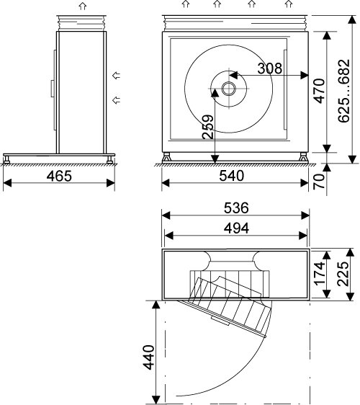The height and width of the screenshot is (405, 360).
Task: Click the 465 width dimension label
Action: [x=59, y=176]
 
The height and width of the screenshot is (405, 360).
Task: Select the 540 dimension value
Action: [x=232, y=176]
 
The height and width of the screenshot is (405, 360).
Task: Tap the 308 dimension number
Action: [x=270, y=68]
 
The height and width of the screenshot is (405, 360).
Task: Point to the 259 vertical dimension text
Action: [x=208, y=127]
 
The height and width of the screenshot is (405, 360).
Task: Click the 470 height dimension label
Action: [x=319, y=92]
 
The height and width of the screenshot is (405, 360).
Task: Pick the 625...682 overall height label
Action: [x=343, y=91]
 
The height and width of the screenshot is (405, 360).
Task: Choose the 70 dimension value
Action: [x=319, y=182]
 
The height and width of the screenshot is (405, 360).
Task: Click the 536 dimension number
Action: [x=236, y=208]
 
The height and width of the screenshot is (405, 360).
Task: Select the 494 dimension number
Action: [x=236, y=228]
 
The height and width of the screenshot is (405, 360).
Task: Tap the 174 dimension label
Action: [x=319, y=274]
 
